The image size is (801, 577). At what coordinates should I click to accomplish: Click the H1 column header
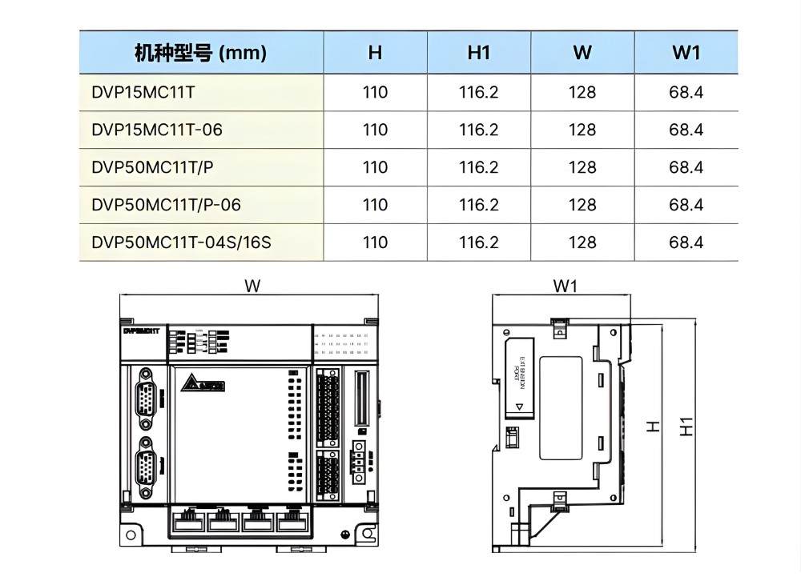(478, 53)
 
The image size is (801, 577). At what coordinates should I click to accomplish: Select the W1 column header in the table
(686, 53)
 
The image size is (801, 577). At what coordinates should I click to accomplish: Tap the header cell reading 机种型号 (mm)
(200, 53)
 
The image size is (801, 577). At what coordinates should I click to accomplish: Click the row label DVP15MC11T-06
(157, 130)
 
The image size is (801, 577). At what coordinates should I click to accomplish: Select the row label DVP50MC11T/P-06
(167, 205)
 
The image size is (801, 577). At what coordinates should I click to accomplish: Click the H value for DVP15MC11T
(375, 92)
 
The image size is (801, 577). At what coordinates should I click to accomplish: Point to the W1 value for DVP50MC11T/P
(686, 167)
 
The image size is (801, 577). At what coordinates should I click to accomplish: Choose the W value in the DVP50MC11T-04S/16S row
(582, 242)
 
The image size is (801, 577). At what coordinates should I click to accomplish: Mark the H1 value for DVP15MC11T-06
(478, 130)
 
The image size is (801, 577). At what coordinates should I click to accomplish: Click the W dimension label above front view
(252, 286)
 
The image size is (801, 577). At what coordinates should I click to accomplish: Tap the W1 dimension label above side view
(565, 286)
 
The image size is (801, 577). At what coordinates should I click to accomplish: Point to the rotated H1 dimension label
(686, 426)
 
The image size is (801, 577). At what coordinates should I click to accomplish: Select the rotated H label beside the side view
(654, 426)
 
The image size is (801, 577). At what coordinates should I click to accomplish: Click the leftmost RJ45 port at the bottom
(187, 521)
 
